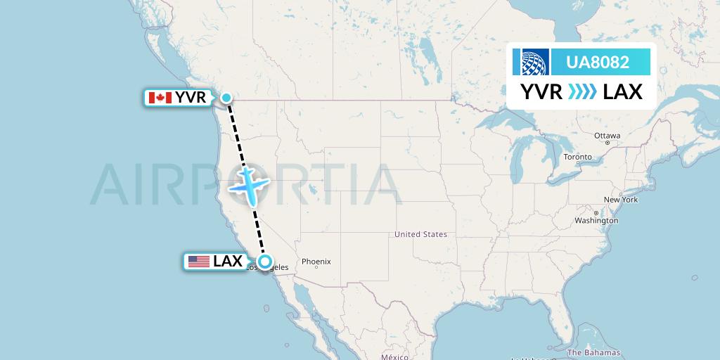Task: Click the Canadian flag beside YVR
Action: pos(160,98)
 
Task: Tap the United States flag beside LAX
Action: pos(199,262)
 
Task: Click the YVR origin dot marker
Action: pos(227,98)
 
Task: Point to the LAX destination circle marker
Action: pos(265,262)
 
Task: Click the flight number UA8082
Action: pos(598,62)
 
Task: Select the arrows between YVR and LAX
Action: pos(582,91)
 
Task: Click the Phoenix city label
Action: pos(316,262)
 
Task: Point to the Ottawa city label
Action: pos(607,135)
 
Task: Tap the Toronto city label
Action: pos(577,157)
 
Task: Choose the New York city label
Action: pos(620,200)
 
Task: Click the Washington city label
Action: pos(596,220)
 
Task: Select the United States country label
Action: pos(420,234)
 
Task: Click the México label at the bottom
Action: pos(394,356)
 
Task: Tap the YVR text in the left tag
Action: pos(191,98)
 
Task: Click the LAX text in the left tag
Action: pos(228,262)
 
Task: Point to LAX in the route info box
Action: pos(623,91)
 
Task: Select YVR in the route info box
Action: pos(541,91)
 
